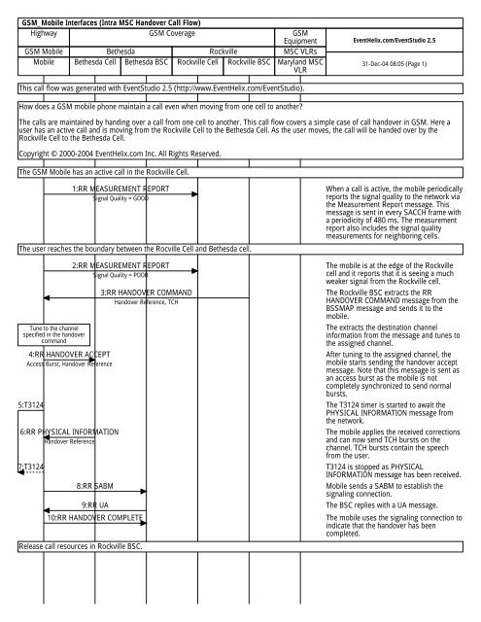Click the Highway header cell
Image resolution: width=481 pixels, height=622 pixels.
pyautogui.click(x=44, y=32)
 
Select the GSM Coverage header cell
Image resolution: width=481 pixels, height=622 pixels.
pyautogui.click(x=166, y=32)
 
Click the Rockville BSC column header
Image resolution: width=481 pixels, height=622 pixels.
pyautogui.click(x=249, y=59)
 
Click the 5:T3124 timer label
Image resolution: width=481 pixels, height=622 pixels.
pyautogui.click(x=30, y=403)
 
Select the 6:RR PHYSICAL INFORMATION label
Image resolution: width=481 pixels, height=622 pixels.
pyautogui.click(x=69, y=431)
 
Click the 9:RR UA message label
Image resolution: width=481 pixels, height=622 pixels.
pyautogui.click(x=101, y=505)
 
